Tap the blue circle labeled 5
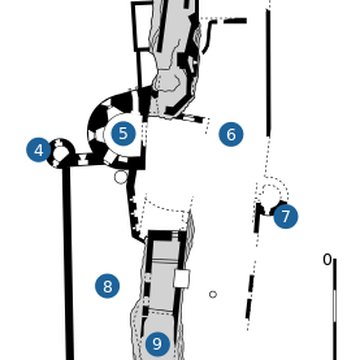pyautogui.click(x=123, y=133)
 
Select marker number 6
pyautogui.click(x=231, y=134)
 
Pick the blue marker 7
pyautogui.click(x=285, y=216)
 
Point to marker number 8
pyautogui.click(x=107, y=286)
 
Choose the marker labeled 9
pyautogui.click(x=157, y=344)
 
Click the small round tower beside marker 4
pyautogui.click(x=62, y=152)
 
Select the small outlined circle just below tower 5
pyautogui.click(x=121, y=177)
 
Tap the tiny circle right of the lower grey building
pyautogui.click(x=213, y=294)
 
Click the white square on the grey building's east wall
pyautogui.click(x=181, y=278)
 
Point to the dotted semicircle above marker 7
pyautogui.click(x=272, y=190)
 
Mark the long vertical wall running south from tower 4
pyautogui.click(x=69, y=260)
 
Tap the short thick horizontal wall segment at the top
pyautogui.click(x=234, y=20)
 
